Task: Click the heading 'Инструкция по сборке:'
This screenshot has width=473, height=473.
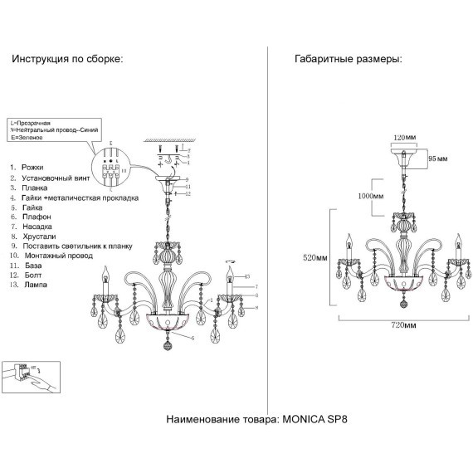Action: click(x=66, y=60)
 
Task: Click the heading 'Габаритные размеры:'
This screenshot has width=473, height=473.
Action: click(x=349, y=60)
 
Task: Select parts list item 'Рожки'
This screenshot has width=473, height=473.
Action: click(x=32, y=167)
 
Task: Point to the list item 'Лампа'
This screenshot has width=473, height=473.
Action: click(x=34, y=284)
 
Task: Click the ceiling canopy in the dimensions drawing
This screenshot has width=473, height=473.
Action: click(x=403, y=155)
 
